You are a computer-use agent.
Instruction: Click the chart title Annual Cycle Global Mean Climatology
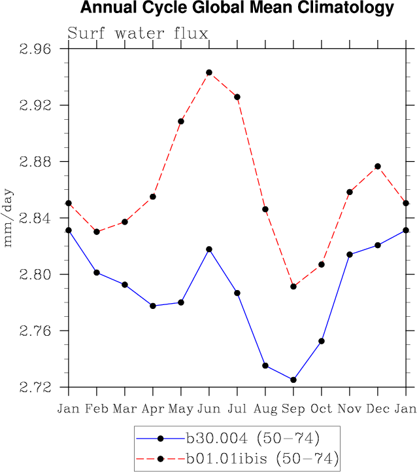tap(237, 9)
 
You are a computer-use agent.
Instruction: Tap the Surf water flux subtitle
tap(138, 33)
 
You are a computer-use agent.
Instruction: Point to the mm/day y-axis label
tap(8, 218)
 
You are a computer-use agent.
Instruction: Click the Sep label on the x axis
tap(293, 409)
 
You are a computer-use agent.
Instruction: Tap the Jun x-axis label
tap(209, 409)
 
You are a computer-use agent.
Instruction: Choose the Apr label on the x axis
tap(153, 409)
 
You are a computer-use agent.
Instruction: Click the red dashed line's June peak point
tap(209, 73)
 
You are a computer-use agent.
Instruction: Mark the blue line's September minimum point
tap(293, 380)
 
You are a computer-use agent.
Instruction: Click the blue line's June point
tap(209, 249)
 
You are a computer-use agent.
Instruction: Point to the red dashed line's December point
tap(378, 166)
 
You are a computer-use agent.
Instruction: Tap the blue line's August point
tap(265, 365)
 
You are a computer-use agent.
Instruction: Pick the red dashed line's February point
tap(97, 232)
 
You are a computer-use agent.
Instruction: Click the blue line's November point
tap(350, 255)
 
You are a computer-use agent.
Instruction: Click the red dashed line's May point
tap(181, 121)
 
